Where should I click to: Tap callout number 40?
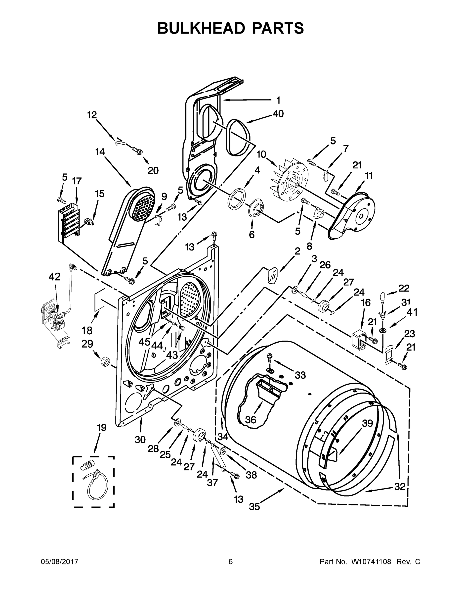click(278, 113)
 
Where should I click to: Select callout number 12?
click(92, 115)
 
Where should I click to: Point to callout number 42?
click(54, 277)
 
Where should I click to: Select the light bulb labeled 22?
click(383, 298)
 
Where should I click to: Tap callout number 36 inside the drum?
click(251, 420)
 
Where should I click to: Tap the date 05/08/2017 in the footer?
click(60, 562)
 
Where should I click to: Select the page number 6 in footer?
click(231, 562)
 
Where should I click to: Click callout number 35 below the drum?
click(254, 507)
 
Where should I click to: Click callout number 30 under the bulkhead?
click(140, 440)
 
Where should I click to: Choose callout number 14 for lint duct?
click(100, 152)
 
